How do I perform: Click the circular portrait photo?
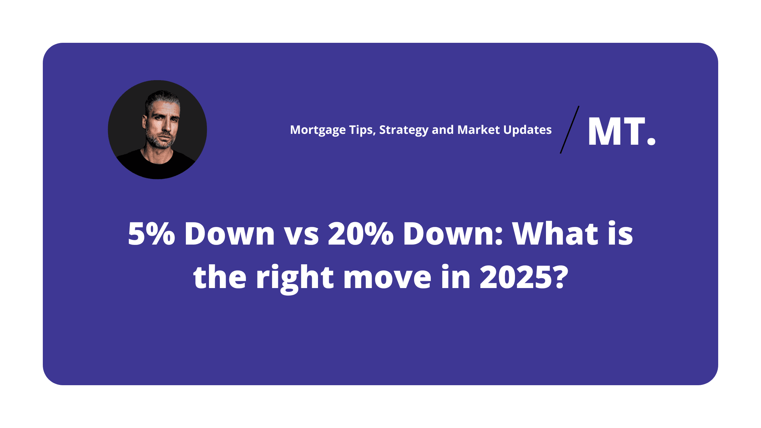coord(157,129)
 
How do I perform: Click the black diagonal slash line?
coord(570,130)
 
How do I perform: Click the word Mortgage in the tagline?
coord(318,130)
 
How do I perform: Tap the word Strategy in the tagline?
coord(404,130)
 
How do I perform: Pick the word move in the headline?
coord(387,280)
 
